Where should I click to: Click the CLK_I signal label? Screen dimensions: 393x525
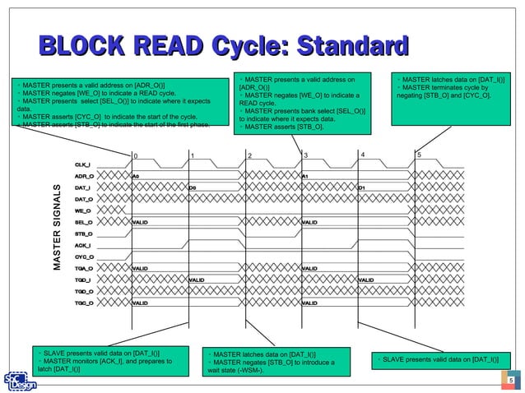coord(83,164)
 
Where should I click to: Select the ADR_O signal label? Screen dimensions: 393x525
coord(83,176)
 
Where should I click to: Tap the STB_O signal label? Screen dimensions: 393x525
coord(83,233)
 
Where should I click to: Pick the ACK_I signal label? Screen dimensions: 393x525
coord(83,245)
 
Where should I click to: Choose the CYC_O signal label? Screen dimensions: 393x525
coord(83,257)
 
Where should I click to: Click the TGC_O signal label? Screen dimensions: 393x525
coord(83,303)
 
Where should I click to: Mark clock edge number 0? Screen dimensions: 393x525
coord(137,155)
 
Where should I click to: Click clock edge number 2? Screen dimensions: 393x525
coord(250,155)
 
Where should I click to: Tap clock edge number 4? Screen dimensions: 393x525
coord(363,155)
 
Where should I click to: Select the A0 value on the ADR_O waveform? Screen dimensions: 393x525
coord(137,176)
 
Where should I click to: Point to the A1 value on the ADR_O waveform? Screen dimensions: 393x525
coord(305,176)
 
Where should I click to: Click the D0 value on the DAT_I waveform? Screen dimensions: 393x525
coord(192,187)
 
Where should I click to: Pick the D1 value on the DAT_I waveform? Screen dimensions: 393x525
coord(361,187)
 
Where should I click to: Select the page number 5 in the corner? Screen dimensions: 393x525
coord(510,380)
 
